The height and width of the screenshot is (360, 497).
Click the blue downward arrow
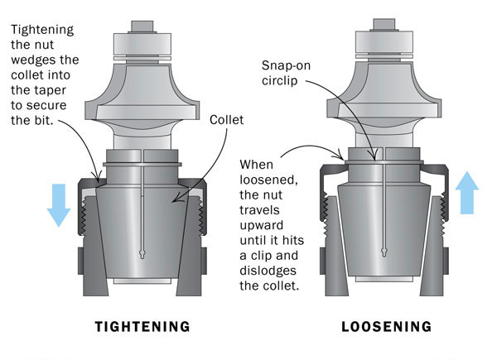click(x=59, y=205)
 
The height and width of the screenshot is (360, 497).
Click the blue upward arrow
click(x=467, y=193)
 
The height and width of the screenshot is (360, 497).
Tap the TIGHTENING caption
click(x=142, y=326)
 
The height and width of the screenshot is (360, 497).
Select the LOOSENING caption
click(x=386, y=326)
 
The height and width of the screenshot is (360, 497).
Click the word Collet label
click(x=227, y=120)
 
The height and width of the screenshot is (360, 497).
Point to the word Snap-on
click(x=286, y=65)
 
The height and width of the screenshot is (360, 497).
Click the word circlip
click(x=280, y=80)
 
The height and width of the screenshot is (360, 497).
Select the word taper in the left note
click(x=50, y=90)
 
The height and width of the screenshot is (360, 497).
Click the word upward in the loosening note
click(x=262, y=225)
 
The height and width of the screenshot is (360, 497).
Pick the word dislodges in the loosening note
click(x=268, y=271)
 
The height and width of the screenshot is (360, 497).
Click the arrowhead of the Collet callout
click(x=176, y=199)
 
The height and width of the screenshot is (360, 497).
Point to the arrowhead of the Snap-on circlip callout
click(x=374, y=156)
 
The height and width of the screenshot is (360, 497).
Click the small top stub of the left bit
click(x=142, y=26)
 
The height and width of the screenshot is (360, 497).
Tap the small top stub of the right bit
click(x=384, y=24)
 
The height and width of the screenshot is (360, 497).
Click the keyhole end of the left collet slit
click(x=142, y=253)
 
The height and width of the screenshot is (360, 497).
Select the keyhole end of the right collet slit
click(x=384, y=252)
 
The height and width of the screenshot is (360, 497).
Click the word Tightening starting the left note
click(x=42, y=30)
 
